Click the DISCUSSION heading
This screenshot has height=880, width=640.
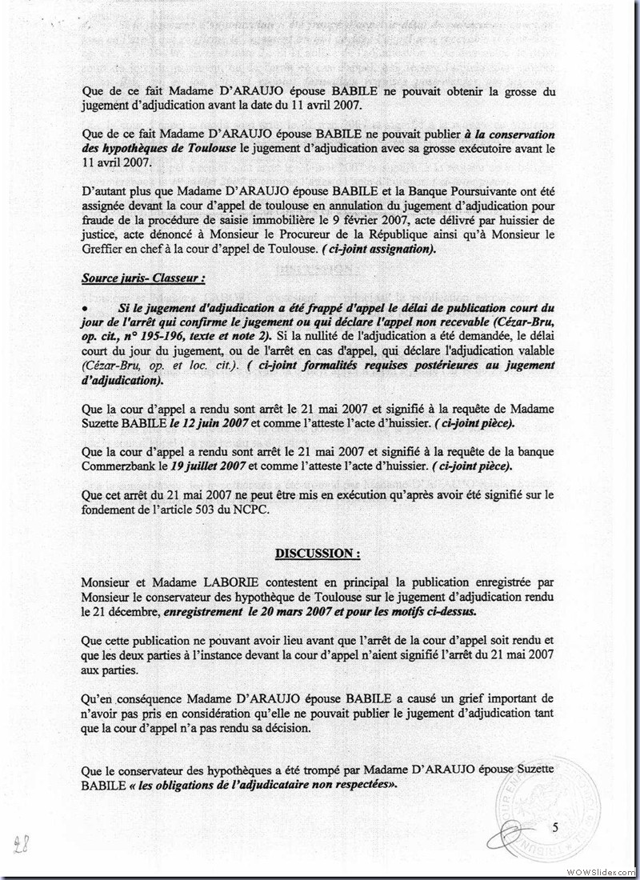coord(318,553)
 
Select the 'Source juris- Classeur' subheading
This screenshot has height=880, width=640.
coord(131,278)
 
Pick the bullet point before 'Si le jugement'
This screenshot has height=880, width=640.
coord(85,307)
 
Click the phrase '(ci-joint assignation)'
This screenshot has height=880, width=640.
coord(383,250)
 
